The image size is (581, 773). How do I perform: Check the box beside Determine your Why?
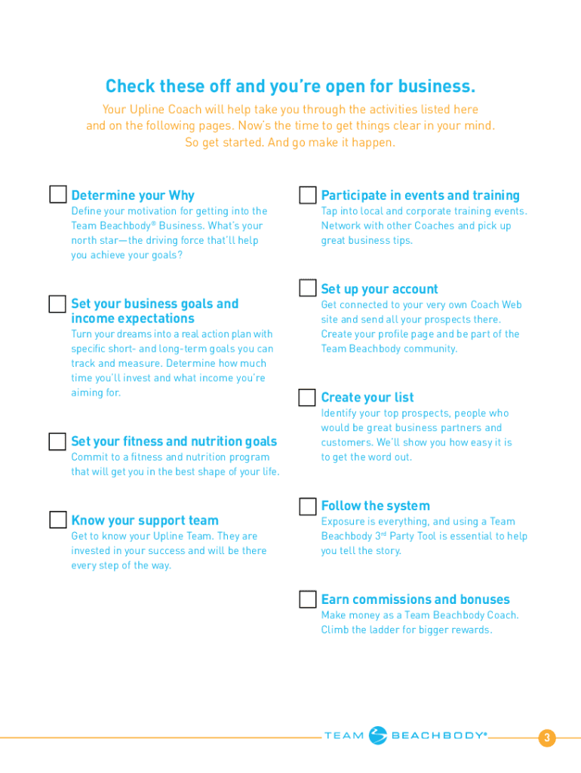point(58,195)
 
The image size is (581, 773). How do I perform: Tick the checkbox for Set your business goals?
point(58,304)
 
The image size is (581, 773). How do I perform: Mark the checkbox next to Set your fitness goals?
point(58,442)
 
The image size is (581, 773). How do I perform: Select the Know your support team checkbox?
point(58,520)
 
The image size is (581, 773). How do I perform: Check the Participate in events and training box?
point(308,196)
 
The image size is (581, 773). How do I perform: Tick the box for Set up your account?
point(308,288)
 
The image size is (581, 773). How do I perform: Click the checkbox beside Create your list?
point(308,397)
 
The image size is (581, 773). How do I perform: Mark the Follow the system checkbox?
point(308,506)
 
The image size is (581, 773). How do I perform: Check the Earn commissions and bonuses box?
point(308,599)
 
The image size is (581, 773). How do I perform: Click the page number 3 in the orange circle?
point(547,738)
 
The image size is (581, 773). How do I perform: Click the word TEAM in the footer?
point(343,736)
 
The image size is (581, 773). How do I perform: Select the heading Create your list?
point(367,397)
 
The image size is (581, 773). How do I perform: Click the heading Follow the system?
point(375,506)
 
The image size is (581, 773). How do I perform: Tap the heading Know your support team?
point(145,520)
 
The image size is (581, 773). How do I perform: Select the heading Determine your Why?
point(133,196)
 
